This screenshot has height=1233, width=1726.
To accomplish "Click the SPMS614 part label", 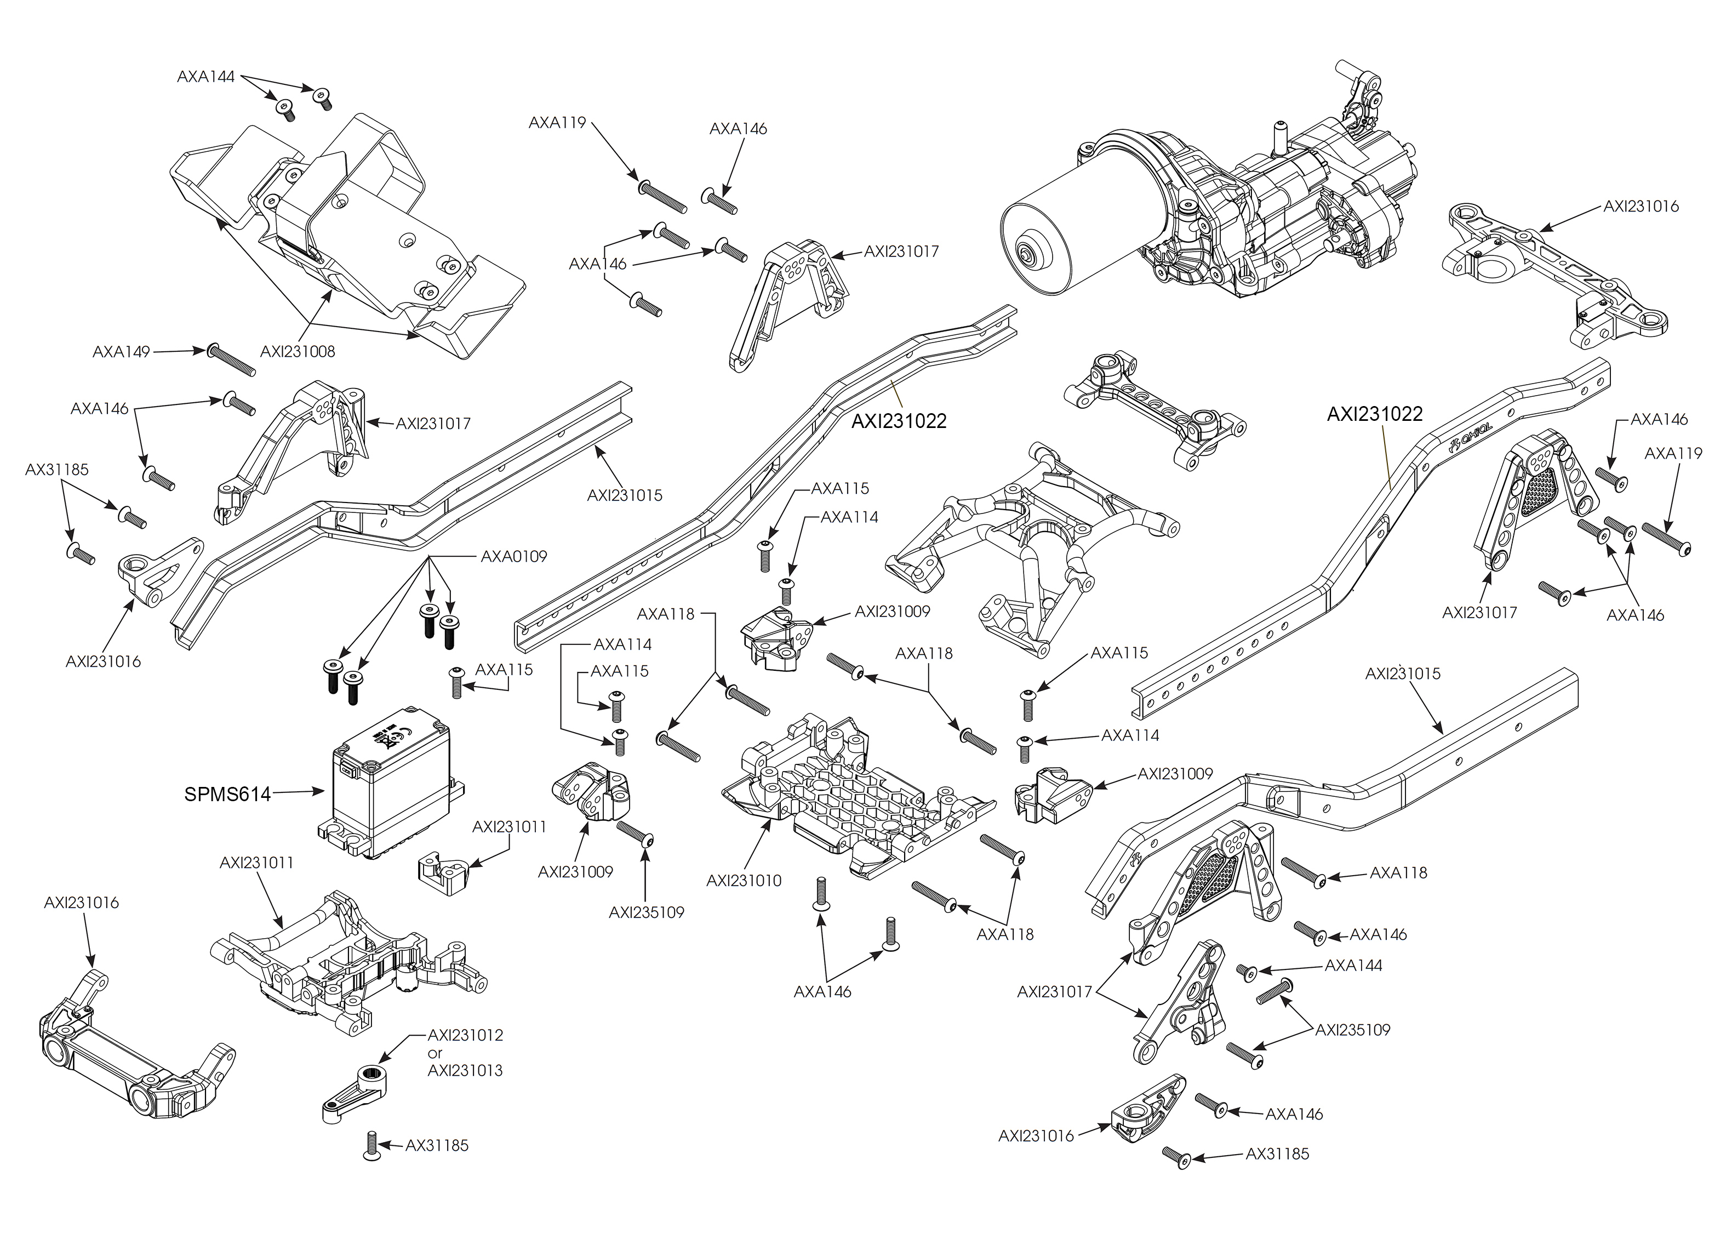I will (227, 794).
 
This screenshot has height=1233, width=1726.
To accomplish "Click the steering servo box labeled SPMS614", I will (391, 790).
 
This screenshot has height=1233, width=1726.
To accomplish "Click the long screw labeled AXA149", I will (231, 360).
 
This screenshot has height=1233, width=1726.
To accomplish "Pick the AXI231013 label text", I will (465, 1071).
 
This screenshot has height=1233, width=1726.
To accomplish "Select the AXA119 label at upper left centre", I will (557, 122).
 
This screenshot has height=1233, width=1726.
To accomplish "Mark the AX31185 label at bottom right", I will (1277, 1154).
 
